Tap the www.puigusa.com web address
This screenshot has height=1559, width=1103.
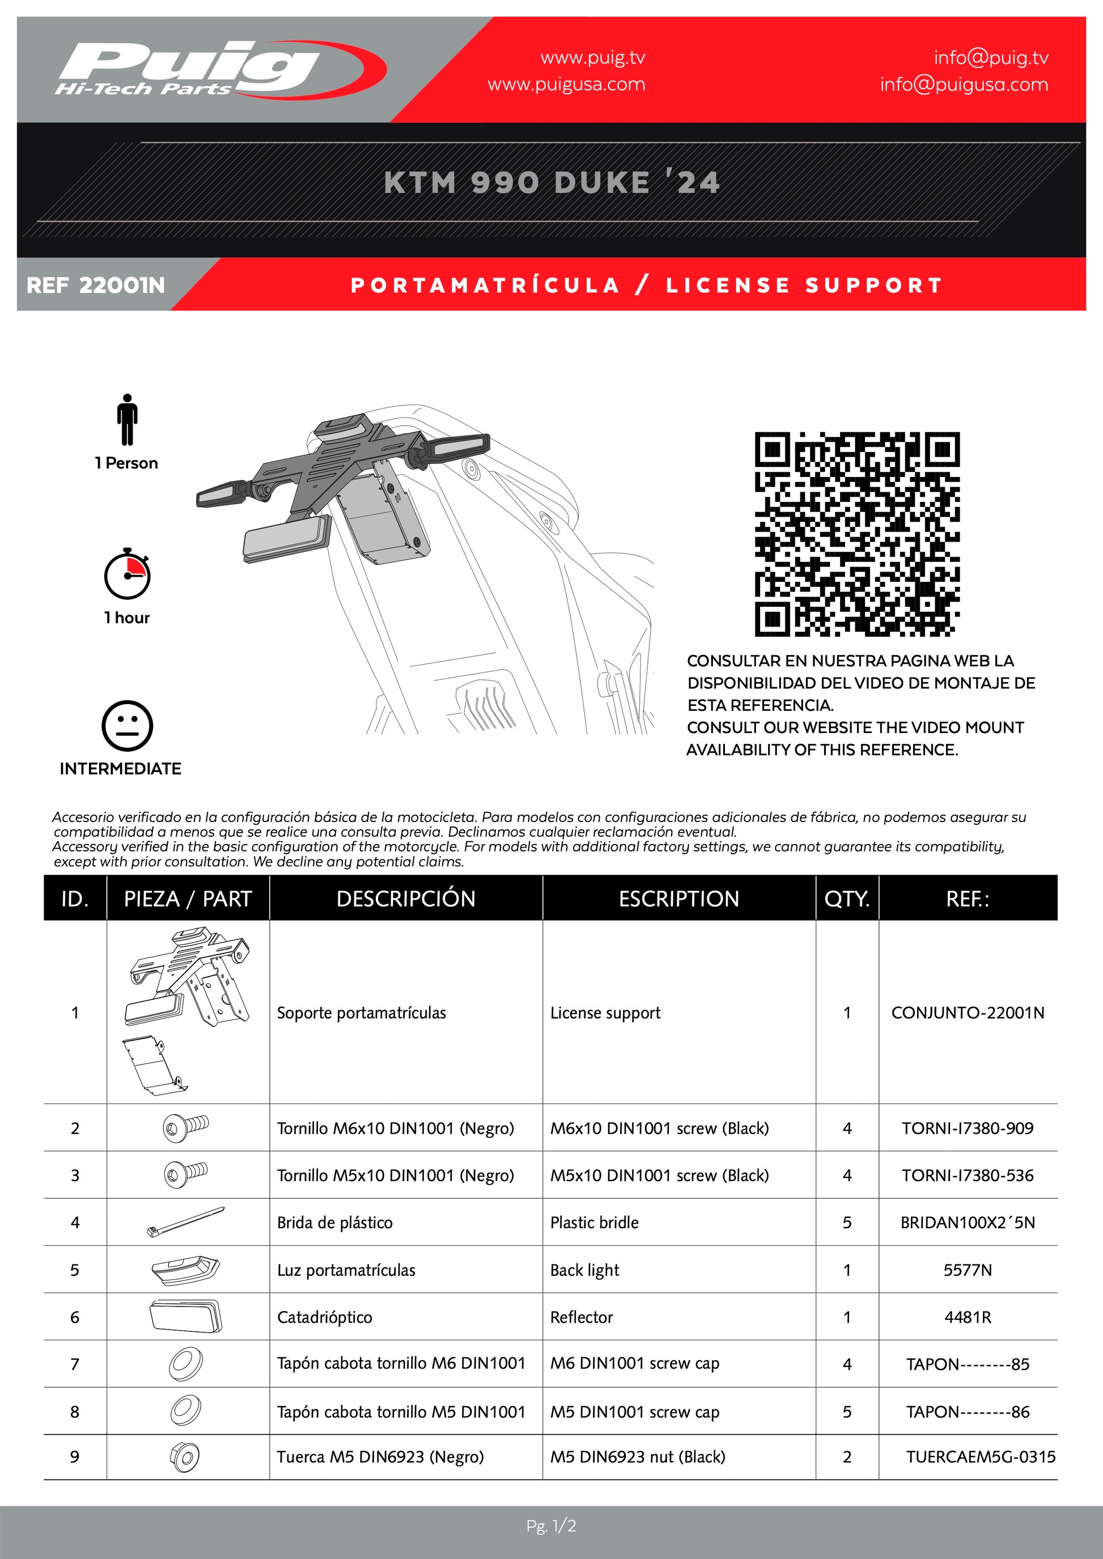pyautogui.click(x=566, y=85)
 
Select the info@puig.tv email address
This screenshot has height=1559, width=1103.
pyautogui.click(x=990, y=58)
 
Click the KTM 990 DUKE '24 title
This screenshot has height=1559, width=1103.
pyautogui.click(x=551, y=182)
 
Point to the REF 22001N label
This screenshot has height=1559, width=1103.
pyautogui.click(x=96, y=285)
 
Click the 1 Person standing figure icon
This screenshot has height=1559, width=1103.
pyautogui.click(x=126, y=420)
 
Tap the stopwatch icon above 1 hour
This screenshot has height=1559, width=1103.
pyautogui.click(x=127, y=574)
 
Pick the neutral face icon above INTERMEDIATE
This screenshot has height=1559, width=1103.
pyautogui.click(x=127, y=725)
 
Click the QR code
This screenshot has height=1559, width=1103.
pyautogui.click(x=856, y=534)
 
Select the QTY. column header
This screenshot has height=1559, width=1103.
pyautogui.click(x=846, y=898)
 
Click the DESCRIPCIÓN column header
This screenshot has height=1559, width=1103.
pyautogui.click(x=405, y=898)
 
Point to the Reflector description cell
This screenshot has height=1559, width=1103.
pyautogui.click(x=582, y=1317)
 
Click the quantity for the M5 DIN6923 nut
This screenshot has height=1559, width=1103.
pyautogui.click(x=846, y=1456)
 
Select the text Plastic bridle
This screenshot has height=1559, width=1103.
pyautogui.click(x=594, y=1222)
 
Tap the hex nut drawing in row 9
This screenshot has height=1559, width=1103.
pyautogui.click(x=185, y=1456)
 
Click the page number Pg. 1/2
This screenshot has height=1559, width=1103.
pyautogui.click(x=551, y=1526)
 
